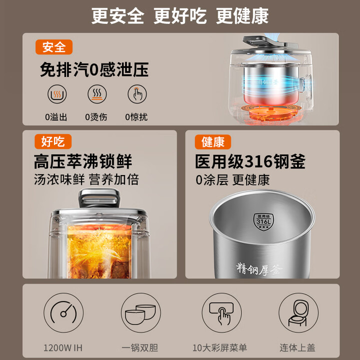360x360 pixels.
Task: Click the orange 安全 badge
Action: [54, 47]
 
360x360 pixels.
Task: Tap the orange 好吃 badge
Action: [53, 141]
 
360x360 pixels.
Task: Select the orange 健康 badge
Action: [213, 142]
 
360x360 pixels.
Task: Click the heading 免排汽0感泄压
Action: [94, 69]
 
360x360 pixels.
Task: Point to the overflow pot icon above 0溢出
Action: [57, 94]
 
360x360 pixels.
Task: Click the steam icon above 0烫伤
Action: [97, 94]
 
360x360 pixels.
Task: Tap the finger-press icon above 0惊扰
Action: [137, 94]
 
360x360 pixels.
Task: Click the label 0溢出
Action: [56, 117]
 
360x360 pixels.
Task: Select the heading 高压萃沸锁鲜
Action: [83, 161]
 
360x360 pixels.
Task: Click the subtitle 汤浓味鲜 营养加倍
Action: [86, 179]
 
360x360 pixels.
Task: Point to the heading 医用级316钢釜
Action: [250, 161]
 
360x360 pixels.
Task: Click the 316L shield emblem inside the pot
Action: [263, 221]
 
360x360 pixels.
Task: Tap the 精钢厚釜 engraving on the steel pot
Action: [259, 269]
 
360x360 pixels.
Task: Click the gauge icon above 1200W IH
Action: [63, 312]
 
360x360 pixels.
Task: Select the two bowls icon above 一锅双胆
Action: [140, 312]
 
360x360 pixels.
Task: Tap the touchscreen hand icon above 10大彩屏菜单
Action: [221, 312]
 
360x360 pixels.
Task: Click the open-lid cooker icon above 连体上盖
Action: [298, 312]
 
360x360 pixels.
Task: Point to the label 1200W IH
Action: [63, 347]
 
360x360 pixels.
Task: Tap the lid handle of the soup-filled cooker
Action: [99, 197]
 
